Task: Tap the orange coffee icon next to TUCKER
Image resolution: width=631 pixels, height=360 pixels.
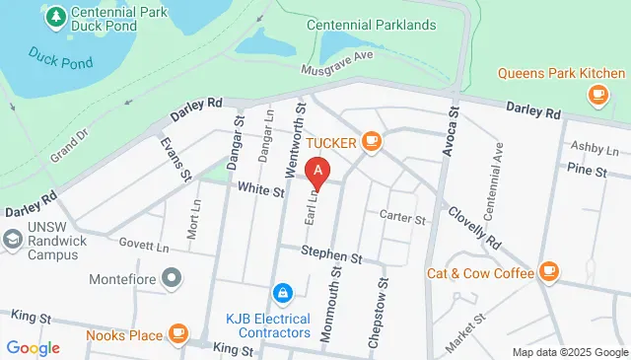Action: tap(372, 142)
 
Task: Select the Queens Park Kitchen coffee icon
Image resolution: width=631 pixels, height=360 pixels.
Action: tap(596, 94)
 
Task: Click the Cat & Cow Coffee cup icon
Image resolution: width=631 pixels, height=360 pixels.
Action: tap(549, 271)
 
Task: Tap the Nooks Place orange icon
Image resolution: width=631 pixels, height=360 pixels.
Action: tap(178, 334)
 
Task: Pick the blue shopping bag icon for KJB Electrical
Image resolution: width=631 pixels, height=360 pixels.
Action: tap(283, 293)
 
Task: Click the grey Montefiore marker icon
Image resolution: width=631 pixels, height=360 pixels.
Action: tap(173, 278)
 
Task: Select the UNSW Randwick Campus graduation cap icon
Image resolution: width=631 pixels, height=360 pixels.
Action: tap(12, 239)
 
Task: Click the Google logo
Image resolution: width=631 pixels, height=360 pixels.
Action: tap(33, 347)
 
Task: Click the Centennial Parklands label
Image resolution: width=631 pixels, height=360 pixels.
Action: tap(370, 24)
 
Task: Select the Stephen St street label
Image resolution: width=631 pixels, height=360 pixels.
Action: tap(332, 255)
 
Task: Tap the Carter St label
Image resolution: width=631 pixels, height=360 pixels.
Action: tap(401, 217)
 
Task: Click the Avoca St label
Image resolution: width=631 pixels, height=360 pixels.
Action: tap(453, 129)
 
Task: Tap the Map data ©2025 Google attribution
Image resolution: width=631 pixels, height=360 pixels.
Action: tap(570, 352)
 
